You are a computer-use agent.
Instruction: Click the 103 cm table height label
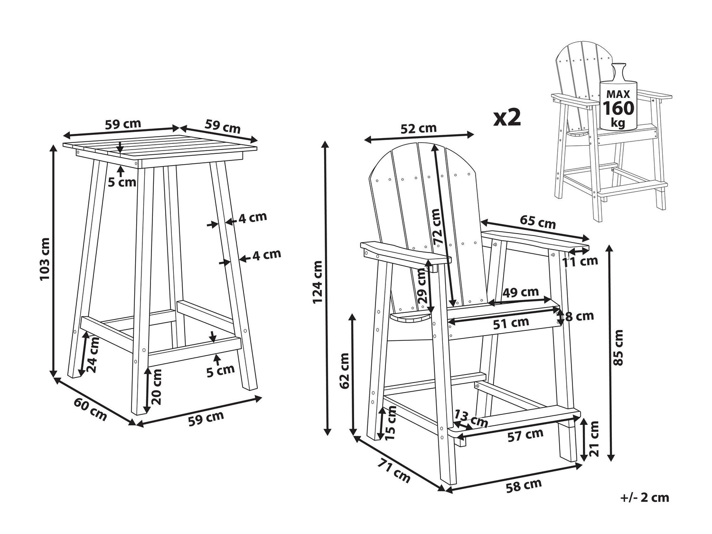click(45, 260)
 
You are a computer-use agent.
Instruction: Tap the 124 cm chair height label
click(318, 282)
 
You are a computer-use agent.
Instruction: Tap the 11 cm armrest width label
click(580, 261)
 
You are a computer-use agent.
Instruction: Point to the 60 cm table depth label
click(90, 410)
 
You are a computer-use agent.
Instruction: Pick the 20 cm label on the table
click(156, 387)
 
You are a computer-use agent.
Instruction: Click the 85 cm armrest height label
click(618, 347)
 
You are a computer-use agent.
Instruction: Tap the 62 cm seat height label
click(345, 371)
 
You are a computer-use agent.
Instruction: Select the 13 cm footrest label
click(471, 419)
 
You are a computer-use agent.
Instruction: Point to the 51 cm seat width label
click(511, 323)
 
